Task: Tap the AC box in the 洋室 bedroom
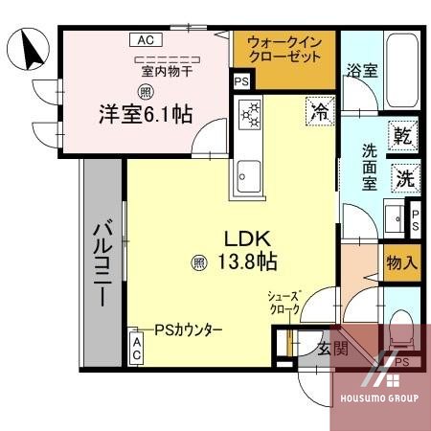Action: (x=145, y=40)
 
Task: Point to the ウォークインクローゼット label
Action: (x=284, y=50)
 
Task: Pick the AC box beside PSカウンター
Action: (x=137, y=347)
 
